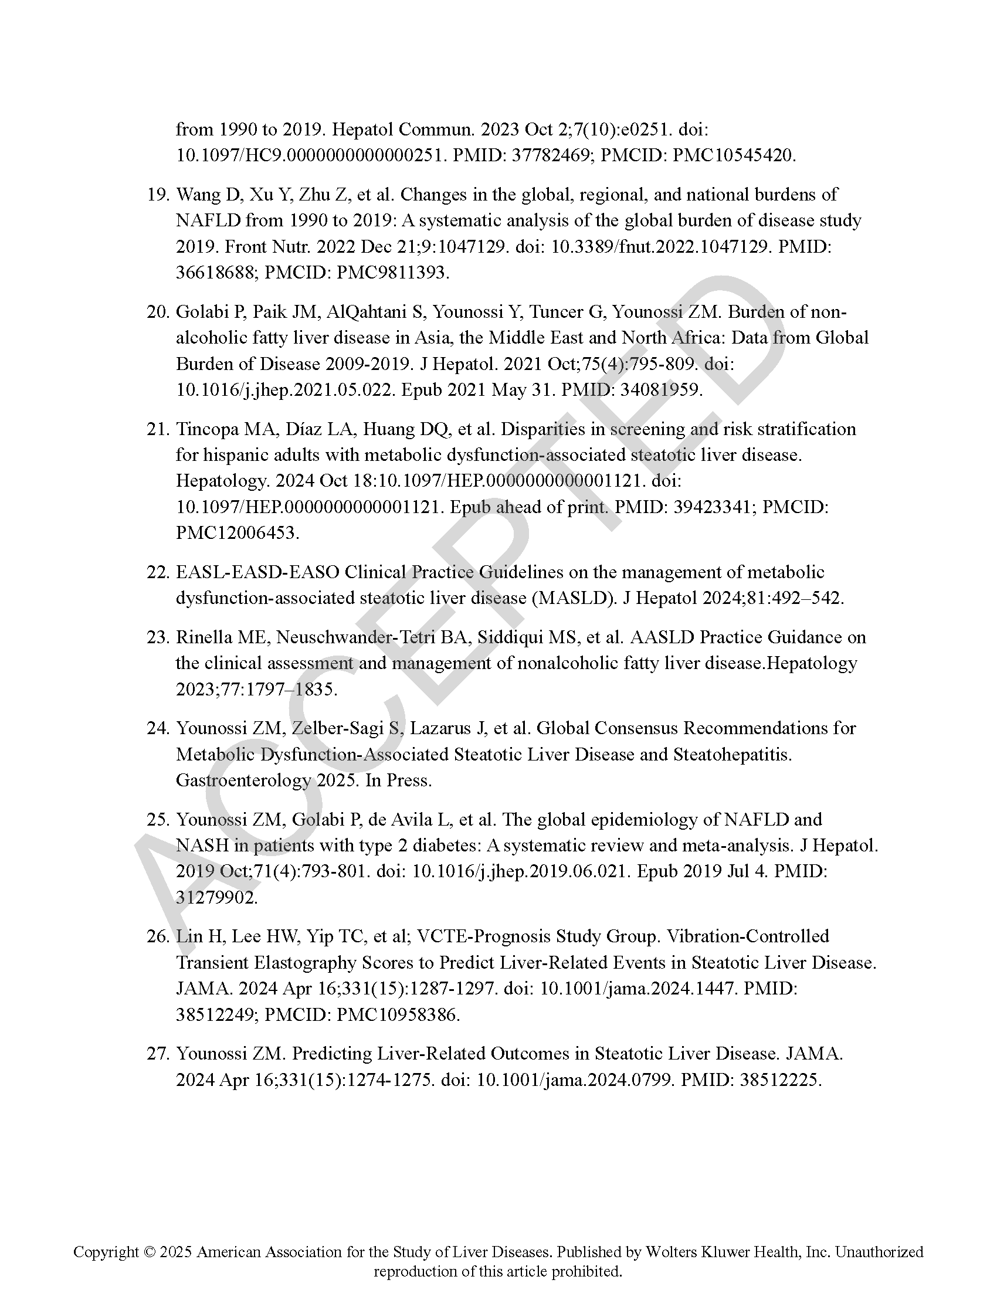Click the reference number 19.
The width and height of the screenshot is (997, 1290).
click(157, 194)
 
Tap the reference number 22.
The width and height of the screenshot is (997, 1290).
click(157, 572)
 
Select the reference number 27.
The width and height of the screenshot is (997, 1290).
click(157, 1053)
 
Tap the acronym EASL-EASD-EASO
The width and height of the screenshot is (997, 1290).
click(257, 572)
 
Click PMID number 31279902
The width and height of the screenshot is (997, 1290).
click(216, 897)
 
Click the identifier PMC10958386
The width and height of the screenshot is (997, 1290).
click(398, 1015)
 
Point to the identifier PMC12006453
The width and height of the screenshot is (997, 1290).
click(237, 533)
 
